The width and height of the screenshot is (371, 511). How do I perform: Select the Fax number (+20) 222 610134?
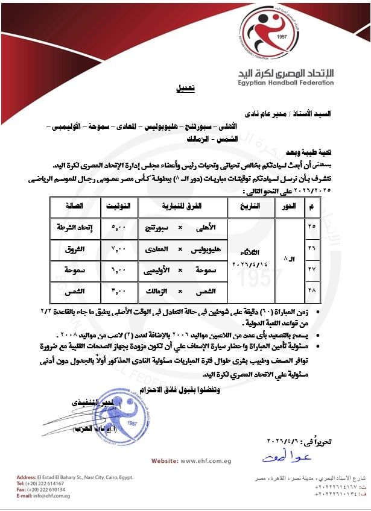[x=47, y=489]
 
